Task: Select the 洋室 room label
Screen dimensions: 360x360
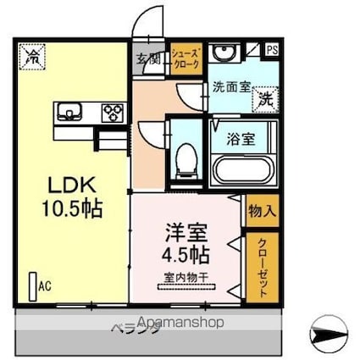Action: (x=184, y=230)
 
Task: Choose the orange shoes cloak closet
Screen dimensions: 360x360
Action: (x=185, y=58)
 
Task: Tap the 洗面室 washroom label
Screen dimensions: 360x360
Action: (x=229, y=86)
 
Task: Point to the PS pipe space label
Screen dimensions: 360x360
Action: (x=272, y=49)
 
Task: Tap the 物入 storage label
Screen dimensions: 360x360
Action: (x=259, y=209)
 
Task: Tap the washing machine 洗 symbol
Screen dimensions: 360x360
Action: (x=265, y=97)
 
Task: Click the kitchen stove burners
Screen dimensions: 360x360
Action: (x=112, y=112)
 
